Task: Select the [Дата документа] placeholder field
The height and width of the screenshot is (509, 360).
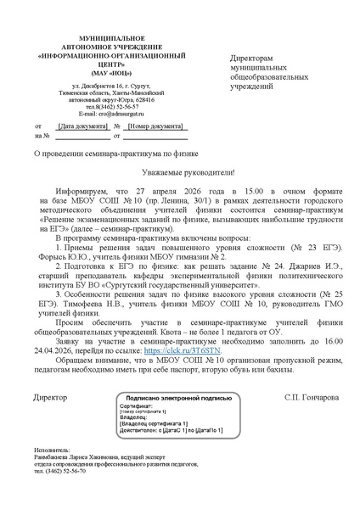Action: point(79,126)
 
